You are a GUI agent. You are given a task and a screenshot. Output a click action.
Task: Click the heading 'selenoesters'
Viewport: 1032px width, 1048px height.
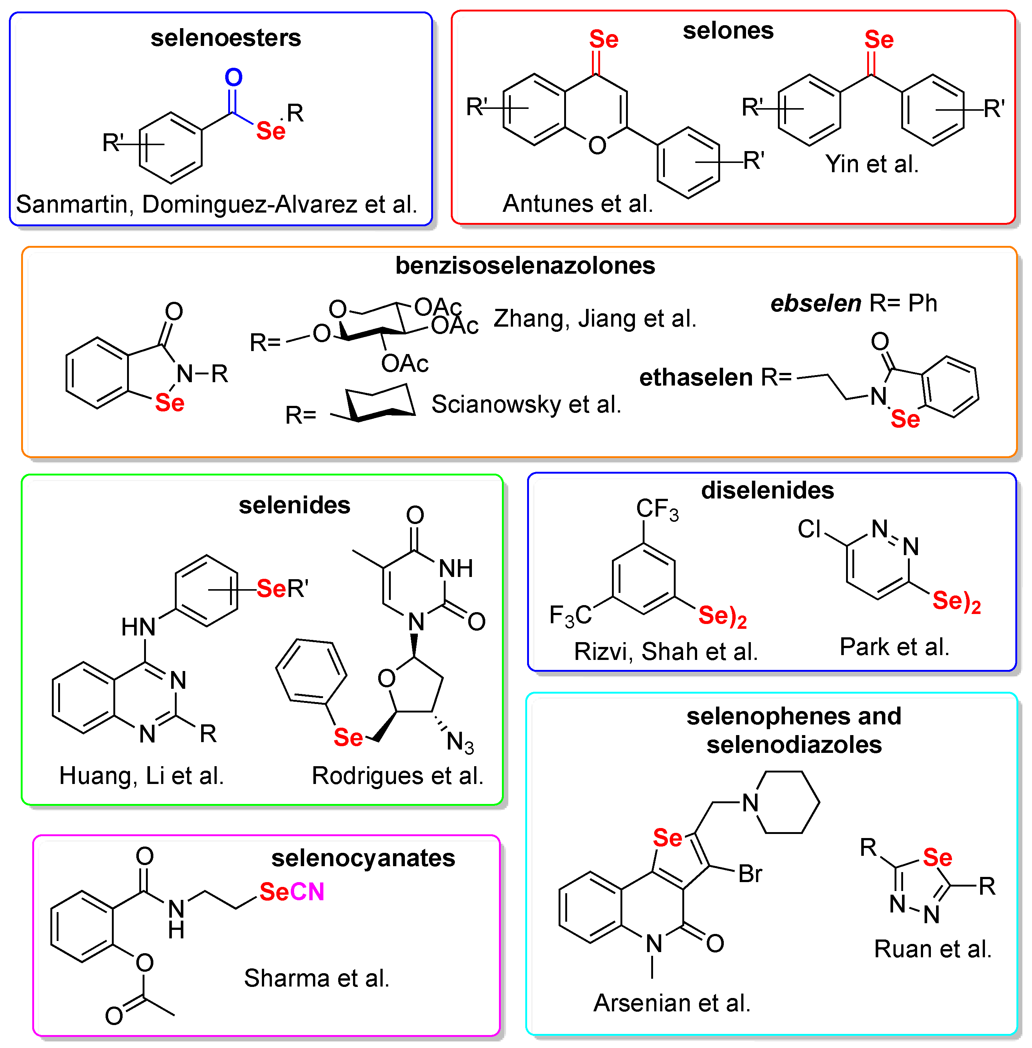tap(226, 38)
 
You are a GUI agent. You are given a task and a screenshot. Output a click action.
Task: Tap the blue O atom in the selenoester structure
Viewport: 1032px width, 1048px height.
tap(234, 77)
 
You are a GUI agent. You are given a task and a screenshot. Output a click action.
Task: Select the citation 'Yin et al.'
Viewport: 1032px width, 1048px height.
tap(872, 164)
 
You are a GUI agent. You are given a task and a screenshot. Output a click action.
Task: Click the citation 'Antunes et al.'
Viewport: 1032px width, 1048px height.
tap(578, 204)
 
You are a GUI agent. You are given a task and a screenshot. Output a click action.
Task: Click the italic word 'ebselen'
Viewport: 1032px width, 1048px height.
tap(815, 303)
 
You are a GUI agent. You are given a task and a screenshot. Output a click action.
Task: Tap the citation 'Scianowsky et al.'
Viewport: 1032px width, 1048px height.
tap(526, 404)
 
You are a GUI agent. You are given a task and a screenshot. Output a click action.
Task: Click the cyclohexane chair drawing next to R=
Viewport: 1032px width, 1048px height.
tap(379, 403)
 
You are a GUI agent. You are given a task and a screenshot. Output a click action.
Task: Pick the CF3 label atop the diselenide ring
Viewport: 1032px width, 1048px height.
tap(656, 509)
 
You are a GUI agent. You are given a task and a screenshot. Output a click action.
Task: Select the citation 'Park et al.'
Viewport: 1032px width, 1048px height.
tap(894, 647)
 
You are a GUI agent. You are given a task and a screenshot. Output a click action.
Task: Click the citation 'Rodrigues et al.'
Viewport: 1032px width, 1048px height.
tap(397, 775)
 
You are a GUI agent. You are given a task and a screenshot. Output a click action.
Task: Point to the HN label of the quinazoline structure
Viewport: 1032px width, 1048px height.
tap(138, 627)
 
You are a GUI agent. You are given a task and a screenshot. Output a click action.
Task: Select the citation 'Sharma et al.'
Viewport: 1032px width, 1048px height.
tap(317, 978)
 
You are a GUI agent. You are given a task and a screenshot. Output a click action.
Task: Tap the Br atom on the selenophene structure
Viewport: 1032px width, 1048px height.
tap(750, 874)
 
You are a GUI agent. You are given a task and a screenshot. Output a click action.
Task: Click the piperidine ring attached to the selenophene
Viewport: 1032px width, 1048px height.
tap(787, 802)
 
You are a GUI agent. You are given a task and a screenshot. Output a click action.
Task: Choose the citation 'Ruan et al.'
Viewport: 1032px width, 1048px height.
tap(932, 949)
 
